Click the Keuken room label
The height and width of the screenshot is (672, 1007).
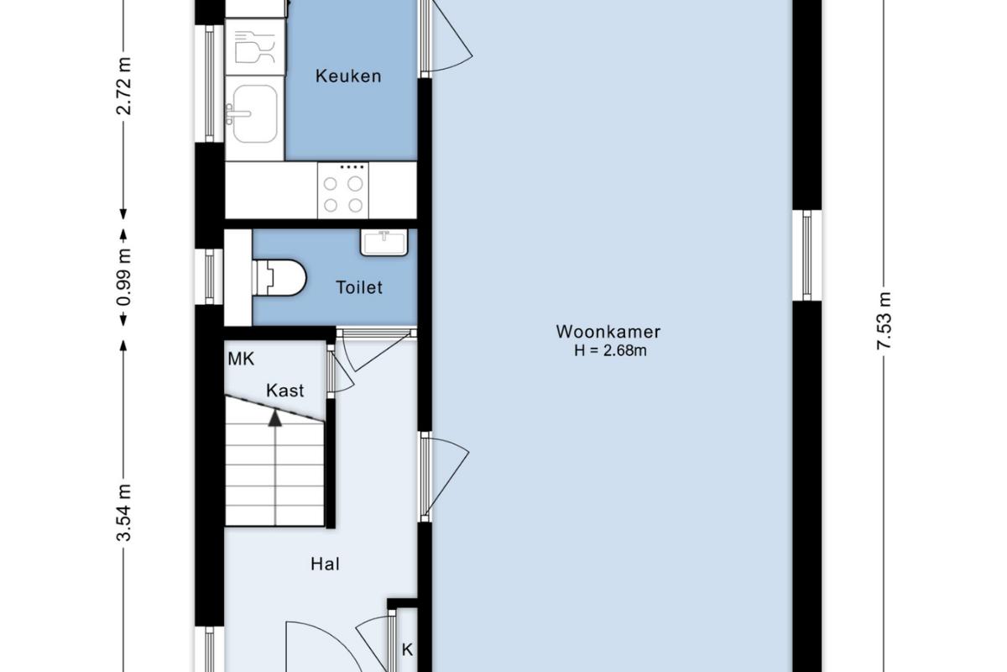(348, 76)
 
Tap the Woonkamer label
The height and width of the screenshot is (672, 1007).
(608, 332)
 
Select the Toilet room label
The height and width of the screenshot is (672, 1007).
(359, 287)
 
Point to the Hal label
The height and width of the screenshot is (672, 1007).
(325, 564)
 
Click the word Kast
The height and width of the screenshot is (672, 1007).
(285, 391)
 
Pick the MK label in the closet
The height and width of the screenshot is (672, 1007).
(241, 359)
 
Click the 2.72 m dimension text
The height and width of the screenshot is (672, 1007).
(123, 86)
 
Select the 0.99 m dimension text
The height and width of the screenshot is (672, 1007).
(123, 277)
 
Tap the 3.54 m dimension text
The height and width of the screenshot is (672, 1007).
(123, 512)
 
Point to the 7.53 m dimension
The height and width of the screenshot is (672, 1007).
(884, 321)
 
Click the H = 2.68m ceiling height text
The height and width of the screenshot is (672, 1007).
(610, 350)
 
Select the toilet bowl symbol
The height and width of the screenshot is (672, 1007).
(279, 278)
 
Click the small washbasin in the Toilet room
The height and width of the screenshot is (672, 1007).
(384, 242)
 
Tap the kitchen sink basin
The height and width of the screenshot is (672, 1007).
(255, 114)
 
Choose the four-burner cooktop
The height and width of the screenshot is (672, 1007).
(343, 191)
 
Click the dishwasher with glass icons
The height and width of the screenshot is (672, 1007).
(255, 47)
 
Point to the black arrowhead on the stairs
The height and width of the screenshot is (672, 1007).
(274, 418)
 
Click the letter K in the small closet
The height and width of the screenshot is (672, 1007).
(407, 649)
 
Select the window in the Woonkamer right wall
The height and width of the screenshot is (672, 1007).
(807, 255)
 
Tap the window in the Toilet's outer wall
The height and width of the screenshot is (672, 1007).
(210, 277)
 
